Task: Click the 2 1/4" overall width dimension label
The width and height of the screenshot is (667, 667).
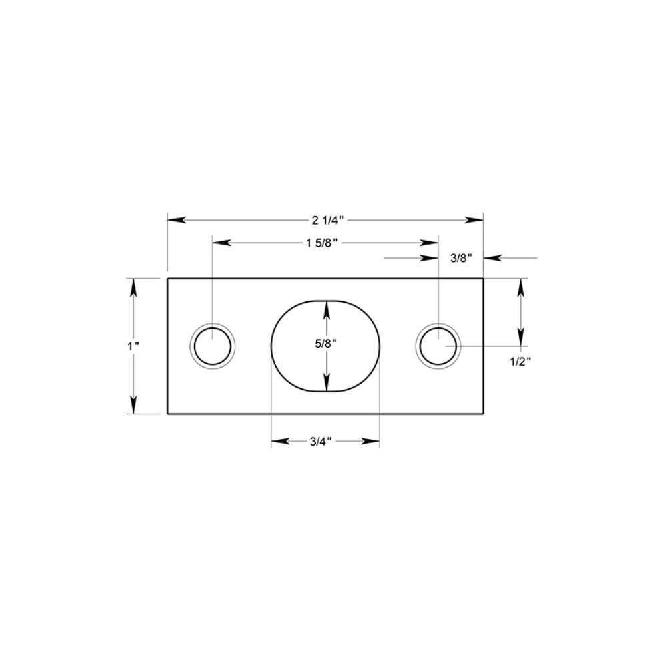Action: (325, 220)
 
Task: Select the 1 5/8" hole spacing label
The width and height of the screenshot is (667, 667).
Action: (324, 243)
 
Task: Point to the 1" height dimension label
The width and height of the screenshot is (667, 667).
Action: (134, 346)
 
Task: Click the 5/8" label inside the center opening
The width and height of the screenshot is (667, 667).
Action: (326, 344)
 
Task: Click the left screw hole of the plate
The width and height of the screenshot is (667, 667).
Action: (213, 346)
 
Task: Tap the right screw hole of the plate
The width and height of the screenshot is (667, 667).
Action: (438, 346)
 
